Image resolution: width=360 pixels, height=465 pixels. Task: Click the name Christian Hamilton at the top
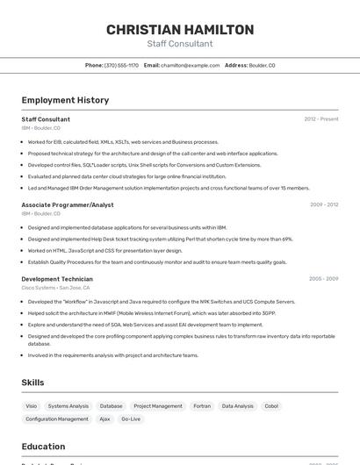click(x=180, y=30)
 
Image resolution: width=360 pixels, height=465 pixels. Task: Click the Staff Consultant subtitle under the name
click(x=180, y=44)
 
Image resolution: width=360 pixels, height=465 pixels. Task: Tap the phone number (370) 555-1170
click(x=121, y=65)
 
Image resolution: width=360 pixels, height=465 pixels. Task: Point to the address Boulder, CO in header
click(x=262, y=65)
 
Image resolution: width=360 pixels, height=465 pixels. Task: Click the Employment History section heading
click(x=65, y=100)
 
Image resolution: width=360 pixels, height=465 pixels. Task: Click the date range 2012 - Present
click(x=320, y=119)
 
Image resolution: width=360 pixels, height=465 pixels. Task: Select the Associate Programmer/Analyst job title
click(x=68, y=204)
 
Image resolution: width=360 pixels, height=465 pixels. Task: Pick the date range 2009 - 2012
click(x=323, y=204)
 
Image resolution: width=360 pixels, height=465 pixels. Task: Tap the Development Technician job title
click(x=57, y=279)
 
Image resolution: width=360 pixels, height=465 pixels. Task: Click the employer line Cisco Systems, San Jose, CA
click(x=55, y=288)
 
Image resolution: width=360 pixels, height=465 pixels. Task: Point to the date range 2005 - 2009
click(x=323, y=279)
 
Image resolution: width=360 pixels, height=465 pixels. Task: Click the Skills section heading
click(x=32, y=383)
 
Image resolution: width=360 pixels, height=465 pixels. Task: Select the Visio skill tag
click(x=32, y=406)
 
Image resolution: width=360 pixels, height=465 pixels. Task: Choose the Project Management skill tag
click(x=158, y=406)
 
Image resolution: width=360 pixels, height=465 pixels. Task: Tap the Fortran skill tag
click(x=202, y=406)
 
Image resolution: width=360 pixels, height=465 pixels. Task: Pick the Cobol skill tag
click(x=271, y=406)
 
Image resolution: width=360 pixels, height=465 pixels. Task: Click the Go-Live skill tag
click(x=131, y=419)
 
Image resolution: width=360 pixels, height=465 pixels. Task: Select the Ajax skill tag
click(x=104, y=419)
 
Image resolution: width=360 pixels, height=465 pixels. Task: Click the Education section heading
click(x=43, y=446)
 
